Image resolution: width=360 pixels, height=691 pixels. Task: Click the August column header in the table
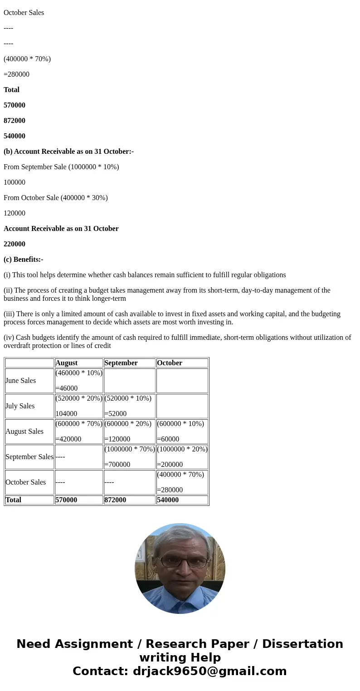(x=66, y=363)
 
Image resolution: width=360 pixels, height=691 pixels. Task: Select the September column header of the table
(x=121, y=363)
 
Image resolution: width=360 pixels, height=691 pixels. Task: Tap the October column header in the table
(x=169, y=363)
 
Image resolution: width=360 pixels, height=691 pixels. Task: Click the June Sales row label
(x=20, y=381)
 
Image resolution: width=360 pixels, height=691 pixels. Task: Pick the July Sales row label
(x=20, y=406)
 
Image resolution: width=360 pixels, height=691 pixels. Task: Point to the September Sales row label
(x=29, y=457)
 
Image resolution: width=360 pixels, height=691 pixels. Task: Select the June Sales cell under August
(x=78, y=381)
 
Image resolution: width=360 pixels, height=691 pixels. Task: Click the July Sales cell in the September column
(x=129, y=406)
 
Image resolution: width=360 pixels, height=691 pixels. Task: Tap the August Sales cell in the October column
(x=182, y=431)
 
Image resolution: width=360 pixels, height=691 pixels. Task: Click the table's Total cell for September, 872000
(x=115, y=500)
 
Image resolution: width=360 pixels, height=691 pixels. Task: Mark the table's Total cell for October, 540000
(x=168, y=500)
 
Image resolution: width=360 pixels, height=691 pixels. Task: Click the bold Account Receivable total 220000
(x=15, y=244)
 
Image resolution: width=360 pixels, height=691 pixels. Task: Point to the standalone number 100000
(x=15, y=182)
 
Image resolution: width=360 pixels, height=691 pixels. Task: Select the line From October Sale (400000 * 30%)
(x=56, y=198)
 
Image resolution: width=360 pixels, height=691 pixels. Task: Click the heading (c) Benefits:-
(x=24, y=260)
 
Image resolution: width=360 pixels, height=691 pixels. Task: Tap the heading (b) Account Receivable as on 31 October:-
(x=68, y=152)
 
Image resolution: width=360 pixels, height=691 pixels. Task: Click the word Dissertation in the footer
(x=302, y=644)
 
